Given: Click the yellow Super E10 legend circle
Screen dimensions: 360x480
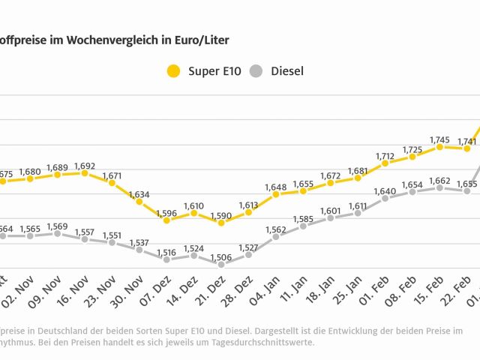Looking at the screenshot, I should point(174,72).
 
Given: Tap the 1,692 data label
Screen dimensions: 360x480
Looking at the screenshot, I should point(84,165).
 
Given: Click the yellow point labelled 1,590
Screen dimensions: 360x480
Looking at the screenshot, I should point(220,223).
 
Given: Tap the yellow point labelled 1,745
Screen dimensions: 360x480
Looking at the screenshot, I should point(439,146).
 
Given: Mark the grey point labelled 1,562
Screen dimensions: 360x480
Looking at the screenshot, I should point(276,236).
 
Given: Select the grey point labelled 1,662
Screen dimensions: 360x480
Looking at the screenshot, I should point(439,187).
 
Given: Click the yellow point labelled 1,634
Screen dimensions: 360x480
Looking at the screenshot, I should point(139,202).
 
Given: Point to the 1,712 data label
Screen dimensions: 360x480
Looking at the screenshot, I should point(385,155).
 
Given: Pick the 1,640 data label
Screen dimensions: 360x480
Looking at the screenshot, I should point(385,191).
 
